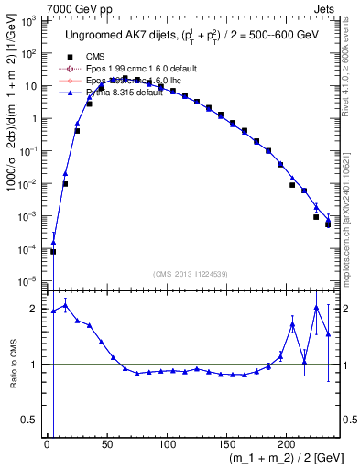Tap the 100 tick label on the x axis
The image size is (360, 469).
(x=167, y=444)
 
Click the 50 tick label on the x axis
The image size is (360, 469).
(x=106, y=444)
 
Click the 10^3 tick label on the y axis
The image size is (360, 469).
(x=28, y=20)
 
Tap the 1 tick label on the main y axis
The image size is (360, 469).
(x=35, y=118)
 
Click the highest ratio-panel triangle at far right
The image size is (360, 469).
(x=316, y=308)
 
